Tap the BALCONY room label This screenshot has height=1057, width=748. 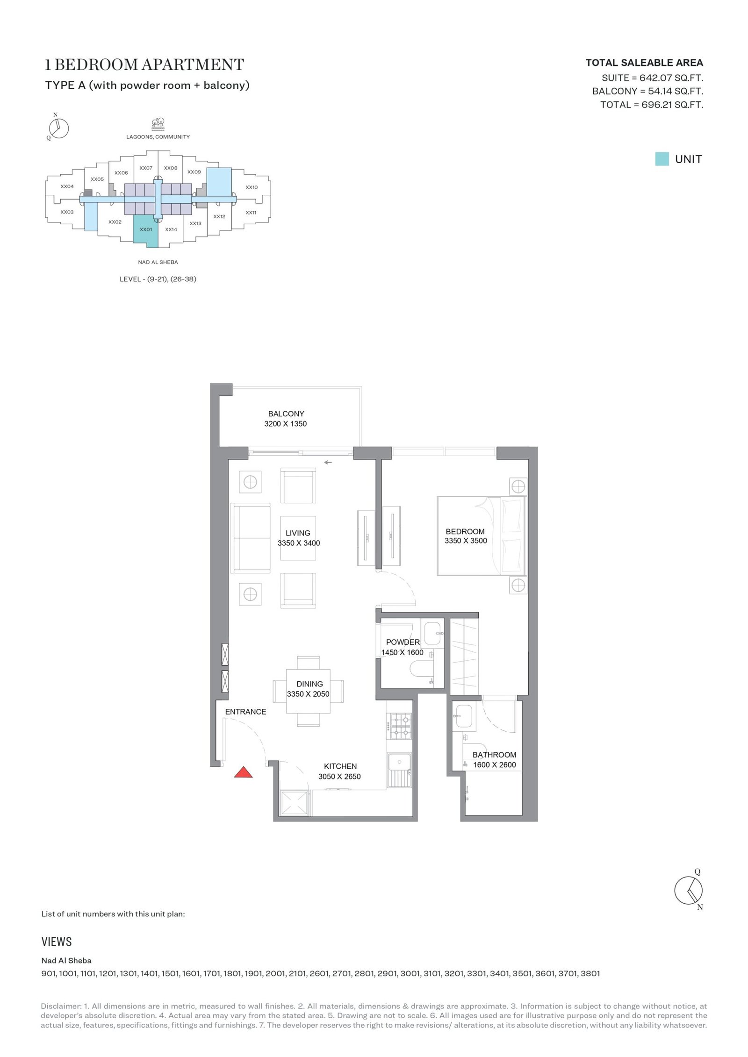point(286,414)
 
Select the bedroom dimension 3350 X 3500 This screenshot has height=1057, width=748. point(466,541)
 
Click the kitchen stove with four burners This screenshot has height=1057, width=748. point(400,726)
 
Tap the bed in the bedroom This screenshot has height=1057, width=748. point(482,536)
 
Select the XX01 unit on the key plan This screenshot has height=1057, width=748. point(146,230)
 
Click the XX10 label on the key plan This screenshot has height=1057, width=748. point(252,187)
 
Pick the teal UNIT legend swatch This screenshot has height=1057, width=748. point(662,159)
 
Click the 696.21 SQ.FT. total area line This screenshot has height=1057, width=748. point(652,105)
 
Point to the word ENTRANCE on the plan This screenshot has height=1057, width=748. point(245,712)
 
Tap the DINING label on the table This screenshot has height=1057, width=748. point(309,684)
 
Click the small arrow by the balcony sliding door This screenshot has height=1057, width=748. point(328,463)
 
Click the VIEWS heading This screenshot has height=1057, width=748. point(57,942)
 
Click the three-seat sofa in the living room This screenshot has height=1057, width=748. point(251,538)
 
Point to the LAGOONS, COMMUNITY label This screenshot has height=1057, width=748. point(158,137)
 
